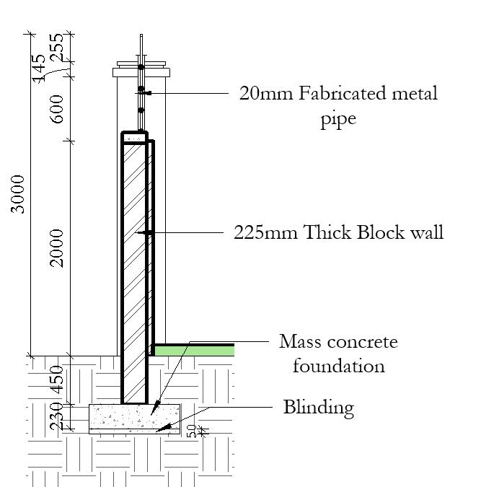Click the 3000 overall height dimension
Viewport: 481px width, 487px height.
pos(19,193)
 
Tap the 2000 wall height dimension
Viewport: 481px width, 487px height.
pos(58,247)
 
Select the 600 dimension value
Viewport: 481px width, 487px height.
pos(58,109)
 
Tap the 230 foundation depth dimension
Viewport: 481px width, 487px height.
pos(58,417)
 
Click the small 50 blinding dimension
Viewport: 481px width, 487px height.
pos(191,431)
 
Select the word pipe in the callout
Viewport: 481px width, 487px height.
pos(338,118)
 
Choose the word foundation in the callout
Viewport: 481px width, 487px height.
pos(338,366)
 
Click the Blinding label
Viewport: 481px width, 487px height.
pos(319,408)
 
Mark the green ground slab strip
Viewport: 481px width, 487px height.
pos(195,350)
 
